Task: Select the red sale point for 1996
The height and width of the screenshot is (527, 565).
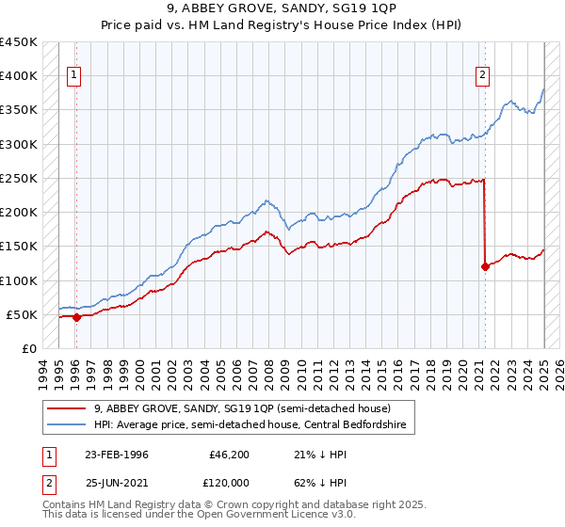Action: [x=76, y=317]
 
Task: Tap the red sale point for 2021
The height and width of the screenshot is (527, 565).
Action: [x=485, y=266]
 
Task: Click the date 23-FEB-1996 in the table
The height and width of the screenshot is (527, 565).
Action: [x=117, y=455]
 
